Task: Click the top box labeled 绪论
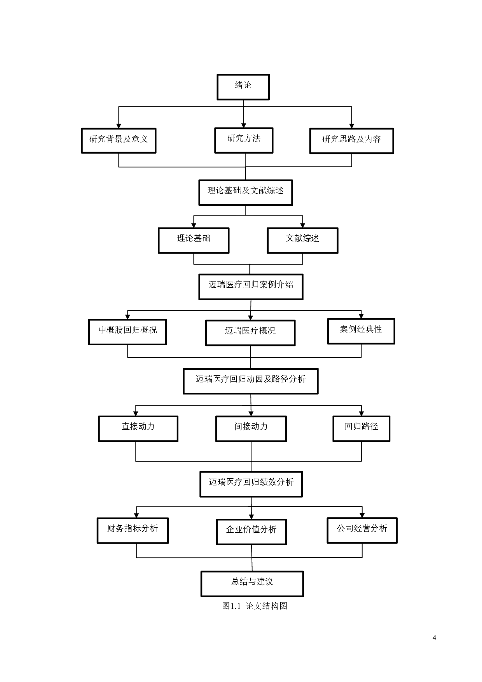pyautogui.click(x=243, y=87)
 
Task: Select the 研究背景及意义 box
pyautogui.click(x=119, y=140)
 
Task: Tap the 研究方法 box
pyautogui.click(x=244, y=140)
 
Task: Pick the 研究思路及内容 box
pyautogui.click(x=351, y=140)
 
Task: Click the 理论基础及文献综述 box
pyautogui.click(x=245, y=192)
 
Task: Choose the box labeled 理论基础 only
pyautogui.click(x=194, y=240)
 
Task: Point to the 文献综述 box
pyautogui.click(x=302, y=240)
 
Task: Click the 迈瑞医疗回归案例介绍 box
pyautogui.click(x=251, y=287)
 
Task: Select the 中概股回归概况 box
pyautogui.click(x=127, y=332)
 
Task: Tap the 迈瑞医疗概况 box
pyautogui.click(x=250, y=332)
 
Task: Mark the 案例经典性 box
pyautogui.click(x=361, y=331)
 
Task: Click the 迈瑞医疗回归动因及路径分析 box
pyautogui.click(x=251, y=381)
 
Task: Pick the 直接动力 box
pyautogui.click(x=138, y=428)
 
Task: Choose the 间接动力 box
pyautogui.click(x=251, y=428)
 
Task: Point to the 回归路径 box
pyautogui.click(x=361, y=428)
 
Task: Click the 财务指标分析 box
pyautogui.click(x=133, y=530)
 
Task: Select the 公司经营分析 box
pyautogui.click(x=362, y=530)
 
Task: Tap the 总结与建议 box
pyautogui.click(x=252, y=584)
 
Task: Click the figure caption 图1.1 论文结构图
pyautogui.click(x=255, y=606)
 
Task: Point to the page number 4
pyautogui.click(x=434, y=638)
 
